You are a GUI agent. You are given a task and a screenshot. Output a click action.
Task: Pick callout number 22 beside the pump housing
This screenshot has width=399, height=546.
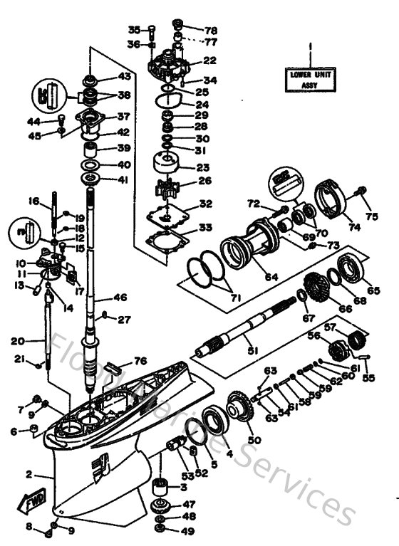pyautogui.click(x=209, y=61)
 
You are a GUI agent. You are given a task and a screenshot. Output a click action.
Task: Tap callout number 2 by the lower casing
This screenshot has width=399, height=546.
pyautogui.click(x=29, y=474)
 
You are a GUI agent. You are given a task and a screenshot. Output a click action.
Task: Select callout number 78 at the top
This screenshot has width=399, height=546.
pyautogui.click(x=212, y=32)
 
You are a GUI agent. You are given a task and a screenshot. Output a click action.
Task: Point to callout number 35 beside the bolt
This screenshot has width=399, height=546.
pyautogui.click(x=135, y=29)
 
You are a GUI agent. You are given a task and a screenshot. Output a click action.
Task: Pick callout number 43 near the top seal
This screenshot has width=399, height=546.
pyautogui.click(x=124, y=76)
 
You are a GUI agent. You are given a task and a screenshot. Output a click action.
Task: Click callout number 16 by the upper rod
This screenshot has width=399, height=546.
pyautogui.click(x=33, y=201)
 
